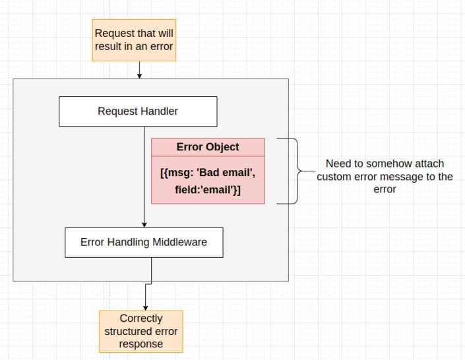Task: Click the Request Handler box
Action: point(137,111)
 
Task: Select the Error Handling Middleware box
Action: point(144,242)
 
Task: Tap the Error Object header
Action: point(208,147)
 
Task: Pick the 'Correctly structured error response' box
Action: point(140,332)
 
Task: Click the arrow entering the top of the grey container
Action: point(139,73)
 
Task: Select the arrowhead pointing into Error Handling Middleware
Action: point(144,224)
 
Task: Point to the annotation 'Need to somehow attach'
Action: point(385,164)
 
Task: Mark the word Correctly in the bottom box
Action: point(140,318)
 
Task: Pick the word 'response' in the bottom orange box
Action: point(140,344)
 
